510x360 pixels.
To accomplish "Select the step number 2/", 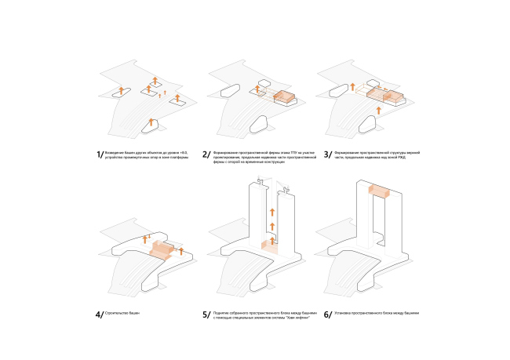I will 206,155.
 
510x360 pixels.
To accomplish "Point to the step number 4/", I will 99,315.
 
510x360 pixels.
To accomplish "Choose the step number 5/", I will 206,315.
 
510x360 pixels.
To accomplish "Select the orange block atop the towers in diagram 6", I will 381,192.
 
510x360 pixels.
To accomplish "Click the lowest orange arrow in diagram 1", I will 151,122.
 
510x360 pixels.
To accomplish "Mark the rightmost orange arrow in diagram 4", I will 181,251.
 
